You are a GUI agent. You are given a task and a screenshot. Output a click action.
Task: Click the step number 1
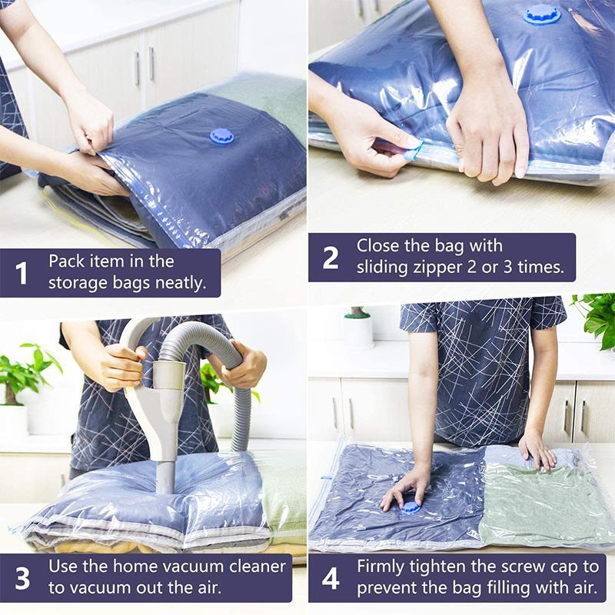pos(22,272)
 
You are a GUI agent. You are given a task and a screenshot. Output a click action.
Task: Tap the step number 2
pos(330,257)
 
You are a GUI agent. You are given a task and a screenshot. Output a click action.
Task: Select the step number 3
pos(22,578)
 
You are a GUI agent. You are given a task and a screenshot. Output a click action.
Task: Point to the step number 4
pos(331,578)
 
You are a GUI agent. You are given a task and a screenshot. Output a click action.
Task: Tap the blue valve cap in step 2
pos(543,13)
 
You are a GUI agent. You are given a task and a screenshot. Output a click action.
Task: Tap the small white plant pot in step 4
pos(357,328)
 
